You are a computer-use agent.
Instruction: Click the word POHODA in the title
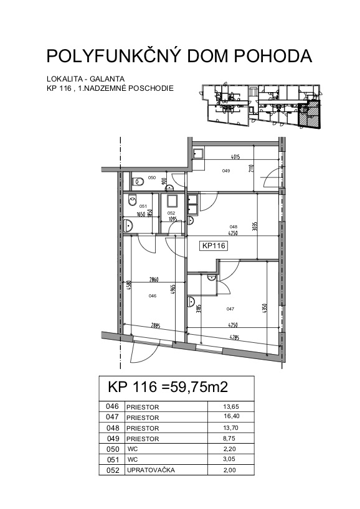click(x=273, y=56)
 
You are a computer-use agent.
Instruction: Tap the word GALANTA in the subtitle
click(x=107, y=79)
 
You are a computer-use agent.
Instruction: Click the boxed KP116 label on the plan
click(x=214, y=246)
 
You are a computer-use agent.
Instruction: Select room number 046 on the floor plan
click(x=152, y=296)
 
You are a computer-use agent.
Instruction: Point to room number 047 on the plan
click(x=230, y=309)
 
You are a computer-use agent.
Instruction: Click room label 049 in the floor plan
click(x=226, y=170)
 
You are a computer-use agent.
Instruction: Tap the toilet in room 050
click(x=138, y=180)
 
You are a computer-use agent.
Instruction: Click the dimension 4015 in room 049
click(x=235, y=157)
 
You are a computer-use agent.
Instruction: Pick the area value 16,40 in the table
click(x=231, y=416)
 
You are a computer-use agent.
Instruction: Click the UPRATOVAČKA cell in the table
click(x=151, y=470)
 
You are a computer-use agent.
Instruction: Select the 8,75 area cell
click(x=229, y=438)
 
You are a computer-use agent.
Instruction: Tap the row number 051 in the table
click(x=113, y=459)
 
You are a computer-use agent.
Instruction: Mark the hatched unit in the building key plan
click(x=309, y=114)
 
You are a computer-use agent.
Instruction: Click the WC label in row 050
click(x=133, y=449)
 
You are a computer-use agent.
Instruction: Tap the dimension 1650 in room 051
click(x=140, y=214)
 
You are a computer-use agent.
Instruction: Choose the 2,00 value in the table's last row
click(x=230, y=470)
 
